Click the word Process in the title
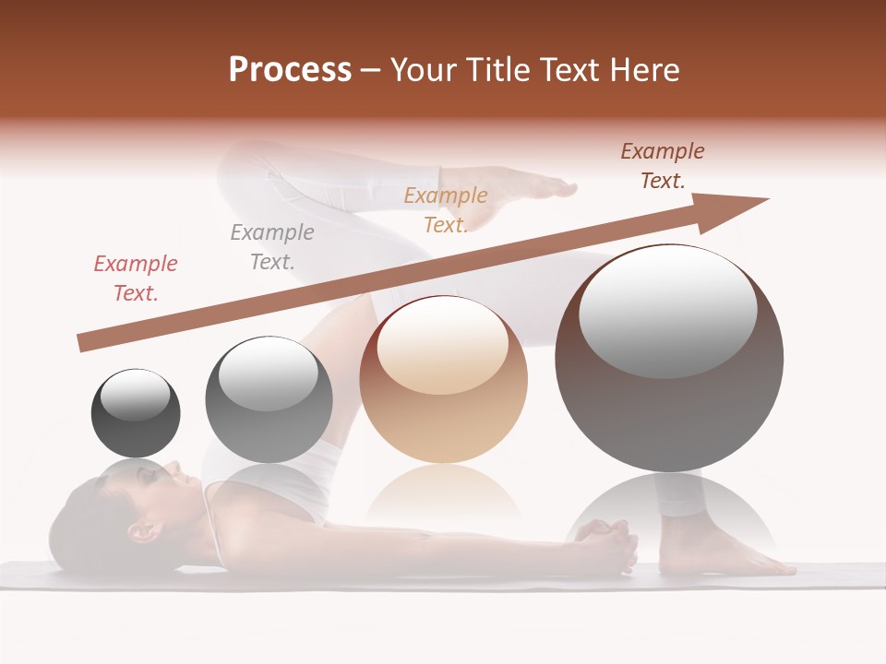[290, 70]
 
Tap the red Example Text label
[136, 278]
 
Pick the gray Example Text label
[272, 246]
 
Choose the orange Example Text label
[446, 209]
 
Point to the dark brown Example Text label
[663, 166]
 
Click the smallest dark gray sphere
[136, 413]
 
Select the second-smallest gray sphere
[269, 399]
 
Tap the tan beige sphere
[444, 380]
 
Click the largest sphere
[669, 358]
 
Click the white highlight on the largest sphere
[667, 312]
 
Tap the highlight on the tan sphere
[442, 346]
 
